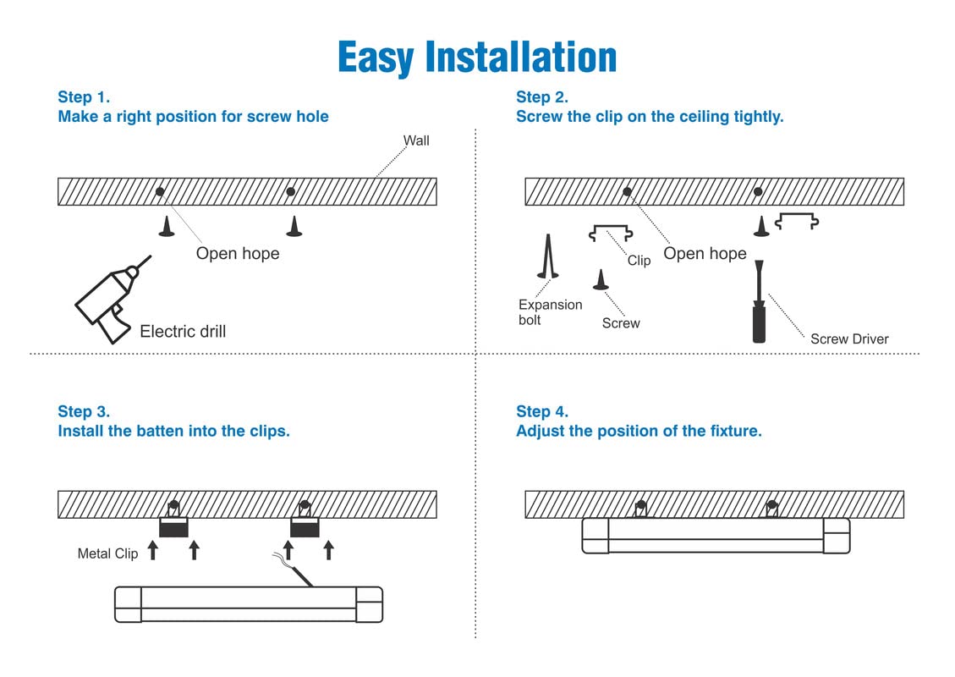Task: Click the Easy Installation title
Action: click(x=477, y=58)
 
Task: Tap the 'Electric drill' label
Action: click(x=183, y=331)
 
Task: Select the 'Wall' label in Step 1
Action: click(x=416, y=140)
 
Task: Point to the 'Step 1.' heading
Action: click(x=84, y=96)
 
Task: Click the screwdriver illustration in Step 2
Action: click(x=759, y=304)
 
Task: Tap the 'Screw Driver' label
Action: click(x=849, y=339)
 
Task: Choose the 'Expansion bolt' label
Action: click(x=550, y=312)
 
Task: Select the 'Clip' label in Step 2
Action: click(x=639, y=261)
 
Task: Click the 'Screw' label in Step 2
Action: click(x=621, y=323)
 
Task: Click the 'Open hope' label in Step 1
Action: click(x=238, y=253)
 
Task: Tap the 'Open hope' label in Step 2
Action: click(x=705, y=253)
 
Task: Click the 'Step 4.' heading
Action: click(x=542, y=411)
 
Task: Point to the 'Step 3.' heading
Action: click(x=84, y=411)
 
